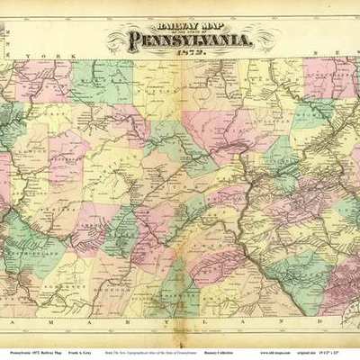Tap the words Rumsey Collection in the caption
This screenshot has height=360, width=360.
point(227,345)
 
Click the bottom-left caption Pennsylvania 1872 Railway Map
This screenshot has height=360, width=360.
point(31,345)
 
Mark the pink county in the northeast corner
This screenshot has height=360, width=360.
point(328,76)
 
